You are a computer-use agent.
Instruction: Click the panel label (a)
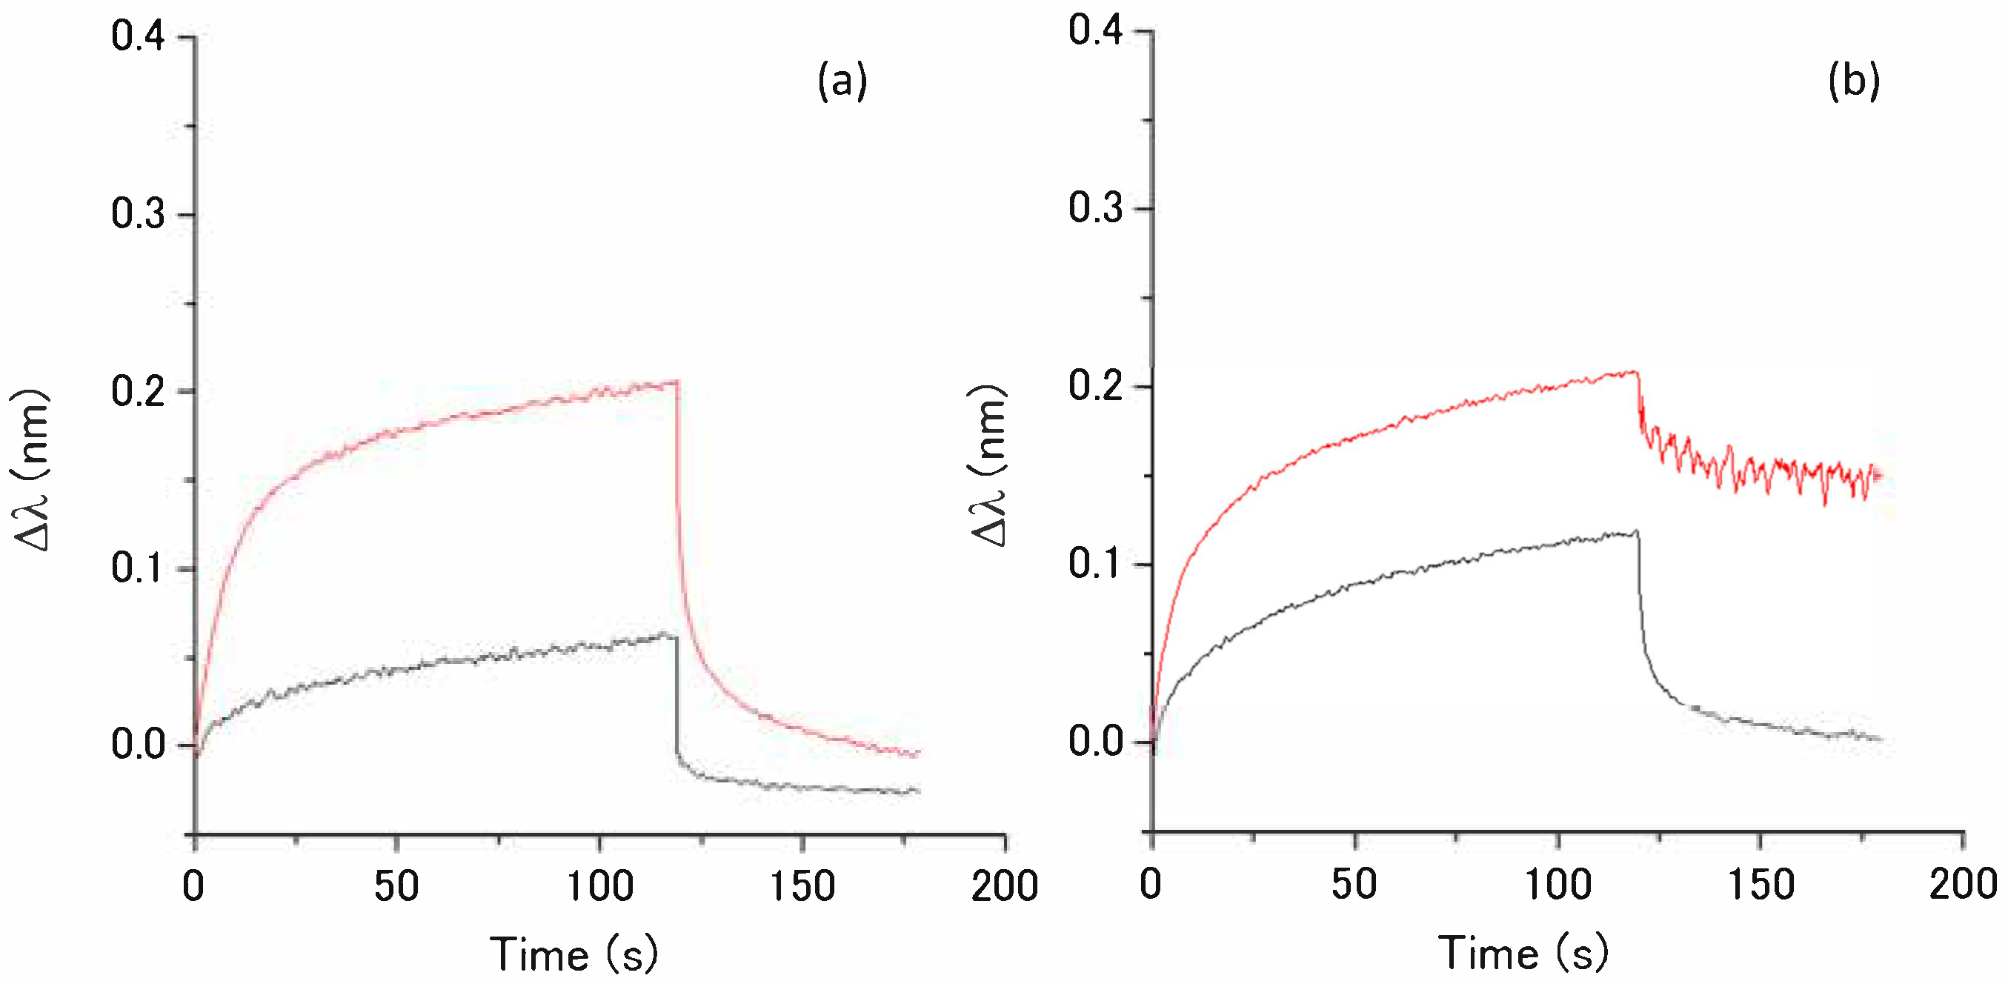[x=842, y=82]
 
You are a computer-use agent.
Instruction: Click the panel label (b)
[x=1854, y=82]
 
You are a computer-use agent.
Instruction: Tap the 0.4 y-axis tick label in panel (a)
[x=138, y=36]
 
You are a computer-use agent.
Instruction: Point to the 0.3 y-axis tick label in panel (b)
[x=1095, y=208]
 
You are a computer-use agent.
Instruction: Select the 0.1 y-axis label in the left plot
[x=138, y=568]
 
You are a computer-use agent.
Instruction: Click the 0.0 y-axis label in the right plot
[x=1095, y=741]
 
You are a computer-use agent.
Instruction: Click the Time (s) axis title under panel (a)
[x=574, y=954]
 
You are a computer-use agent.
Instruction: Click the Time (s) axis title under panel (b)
[x=1523, y=953]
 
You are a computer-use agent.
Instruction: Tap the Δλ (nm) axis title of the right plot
[x=988, y=466]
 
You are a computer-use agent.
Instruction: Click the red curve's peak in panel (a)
[x=675, y=382]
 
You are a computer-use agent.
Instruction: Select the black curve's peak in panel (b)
[x=1635, y=531]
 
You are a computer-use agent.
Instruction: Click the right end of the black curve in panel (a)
[x=918, y=791]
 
